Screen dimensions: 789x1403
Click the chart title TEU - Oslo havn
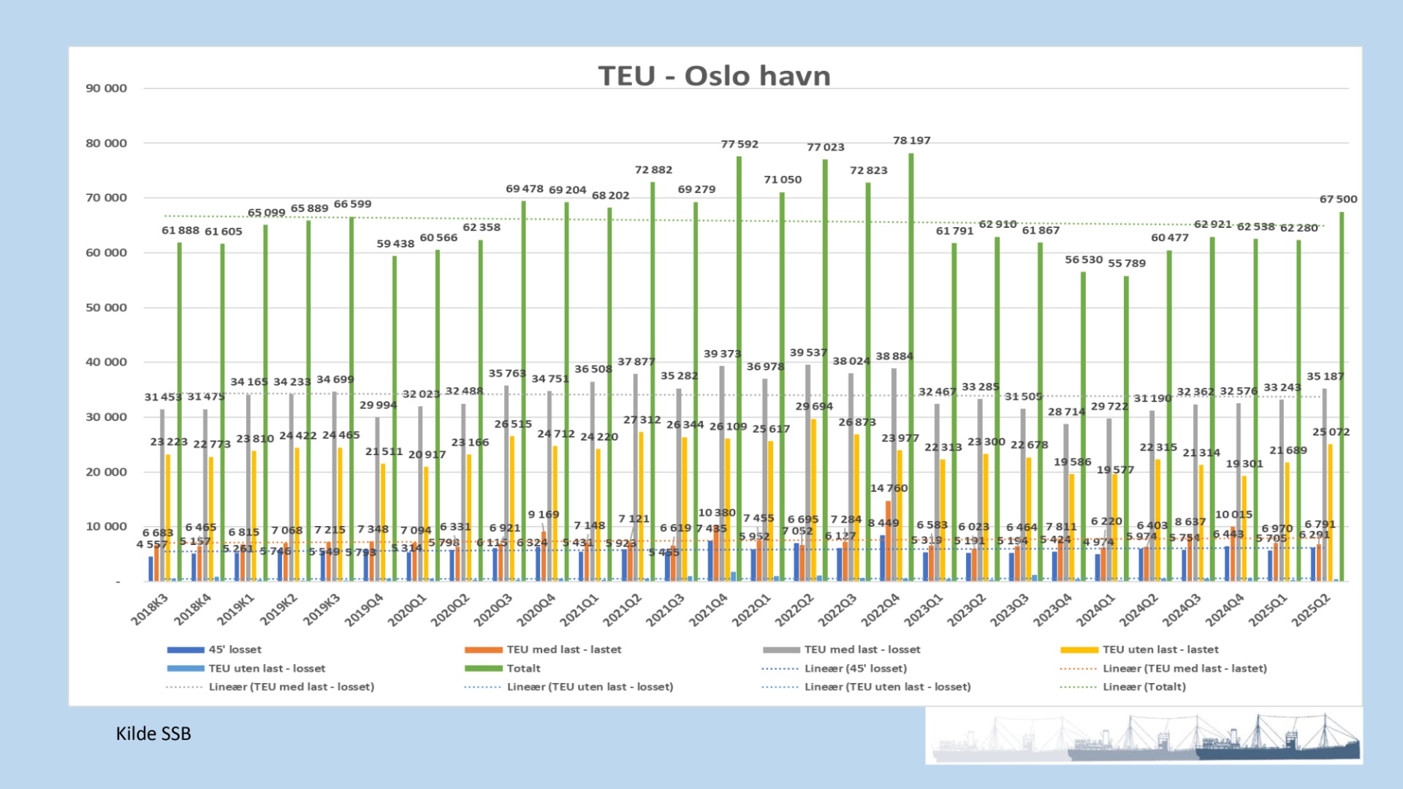pos(714,76)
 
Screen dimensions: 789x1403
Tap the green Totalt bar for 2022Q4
pos(911,365)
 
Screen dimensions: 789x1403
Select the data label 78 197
pos(911,140)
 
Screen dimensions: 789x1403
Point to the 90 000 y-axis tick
pos(106,88)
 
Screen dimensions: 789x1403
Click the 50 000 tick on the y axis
pos(106,308)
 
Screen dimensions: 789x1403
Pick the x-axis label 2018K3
pos(151,609)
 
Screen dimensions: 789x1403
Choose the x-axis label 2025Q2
pos(1312,609)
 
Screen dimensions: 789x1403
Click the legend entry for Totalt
pos(523,668)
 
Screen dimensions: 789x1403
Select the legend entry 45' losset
pos(235,649)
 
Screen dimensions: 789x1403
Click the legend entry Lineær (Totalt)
pos(1144,687)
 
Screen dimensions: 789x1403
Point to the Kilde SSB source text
pos(153,733)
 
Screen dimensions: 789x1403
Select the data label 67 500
pos(1338,199)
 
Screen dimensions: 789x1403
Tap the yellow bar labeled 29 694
pos(813,500)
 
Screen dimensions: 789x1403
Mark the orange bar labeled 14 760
pos(889,541)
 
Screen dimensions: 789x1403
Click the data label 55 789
pos(1126,263)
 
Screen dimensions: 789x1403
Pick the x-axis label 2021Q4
pos(709,609)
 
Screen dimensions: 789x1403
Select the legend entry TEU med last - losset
pos(862,649)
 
